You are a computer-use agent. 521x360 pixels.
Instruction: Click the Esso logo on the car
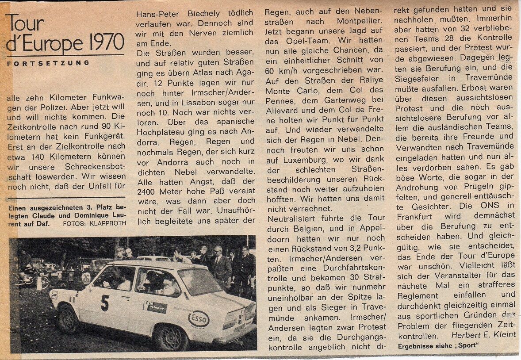[x=199, y=318]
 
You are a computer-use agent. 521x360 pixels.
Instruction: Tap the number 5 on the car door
[x=104, y=303]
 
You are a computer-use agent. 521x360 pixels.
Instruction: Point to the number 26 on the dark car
[x=86, y=278]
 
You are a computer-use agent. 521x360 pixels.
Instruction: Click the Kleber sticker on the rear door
[x=156, y=306]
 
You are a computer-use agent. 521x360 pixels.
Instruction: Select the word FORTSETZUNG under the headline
[x=48, y=63]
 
